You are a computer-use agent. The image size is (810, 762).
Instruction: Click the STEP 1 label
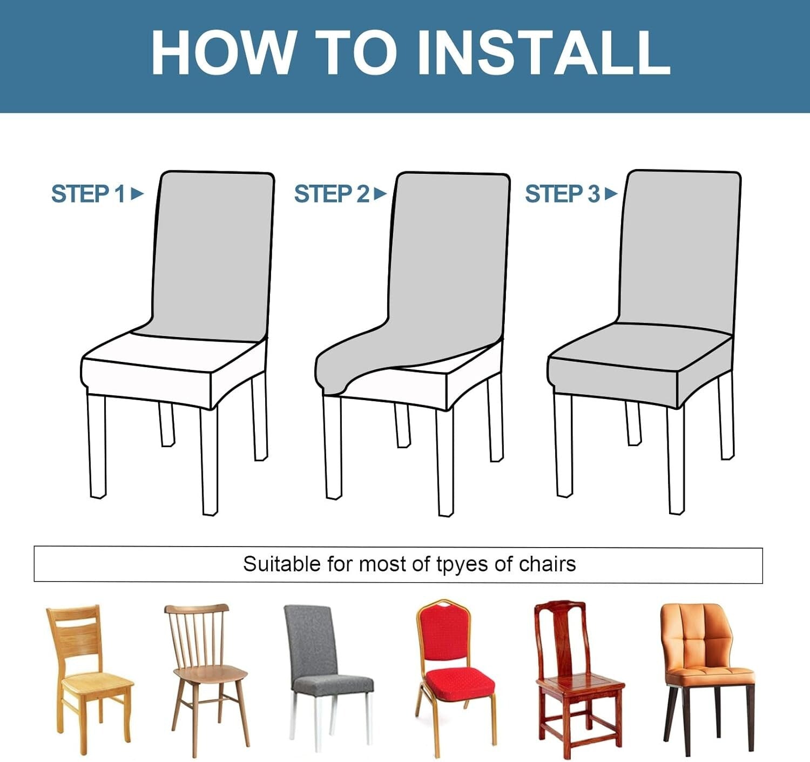pyautogui.click(x=88, y=194)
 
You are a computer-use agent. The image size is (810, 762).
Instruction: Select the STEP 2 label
pyautogui.click(x=332, y=194)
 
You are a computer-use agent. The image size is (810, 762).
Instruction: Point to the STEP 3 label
pyautogui.click(x=563, y=194)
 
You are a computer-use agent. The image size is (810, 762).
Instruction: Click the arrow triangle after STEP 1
pyautogui.click(x=138, y=194)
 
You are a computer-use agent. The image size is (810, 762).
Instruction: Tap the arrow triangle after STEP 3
pyautogui.click(x=611, y=194)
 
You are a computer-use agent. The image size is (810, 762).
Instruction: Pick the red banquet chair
pyautogui.click(x=454, y=678)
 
